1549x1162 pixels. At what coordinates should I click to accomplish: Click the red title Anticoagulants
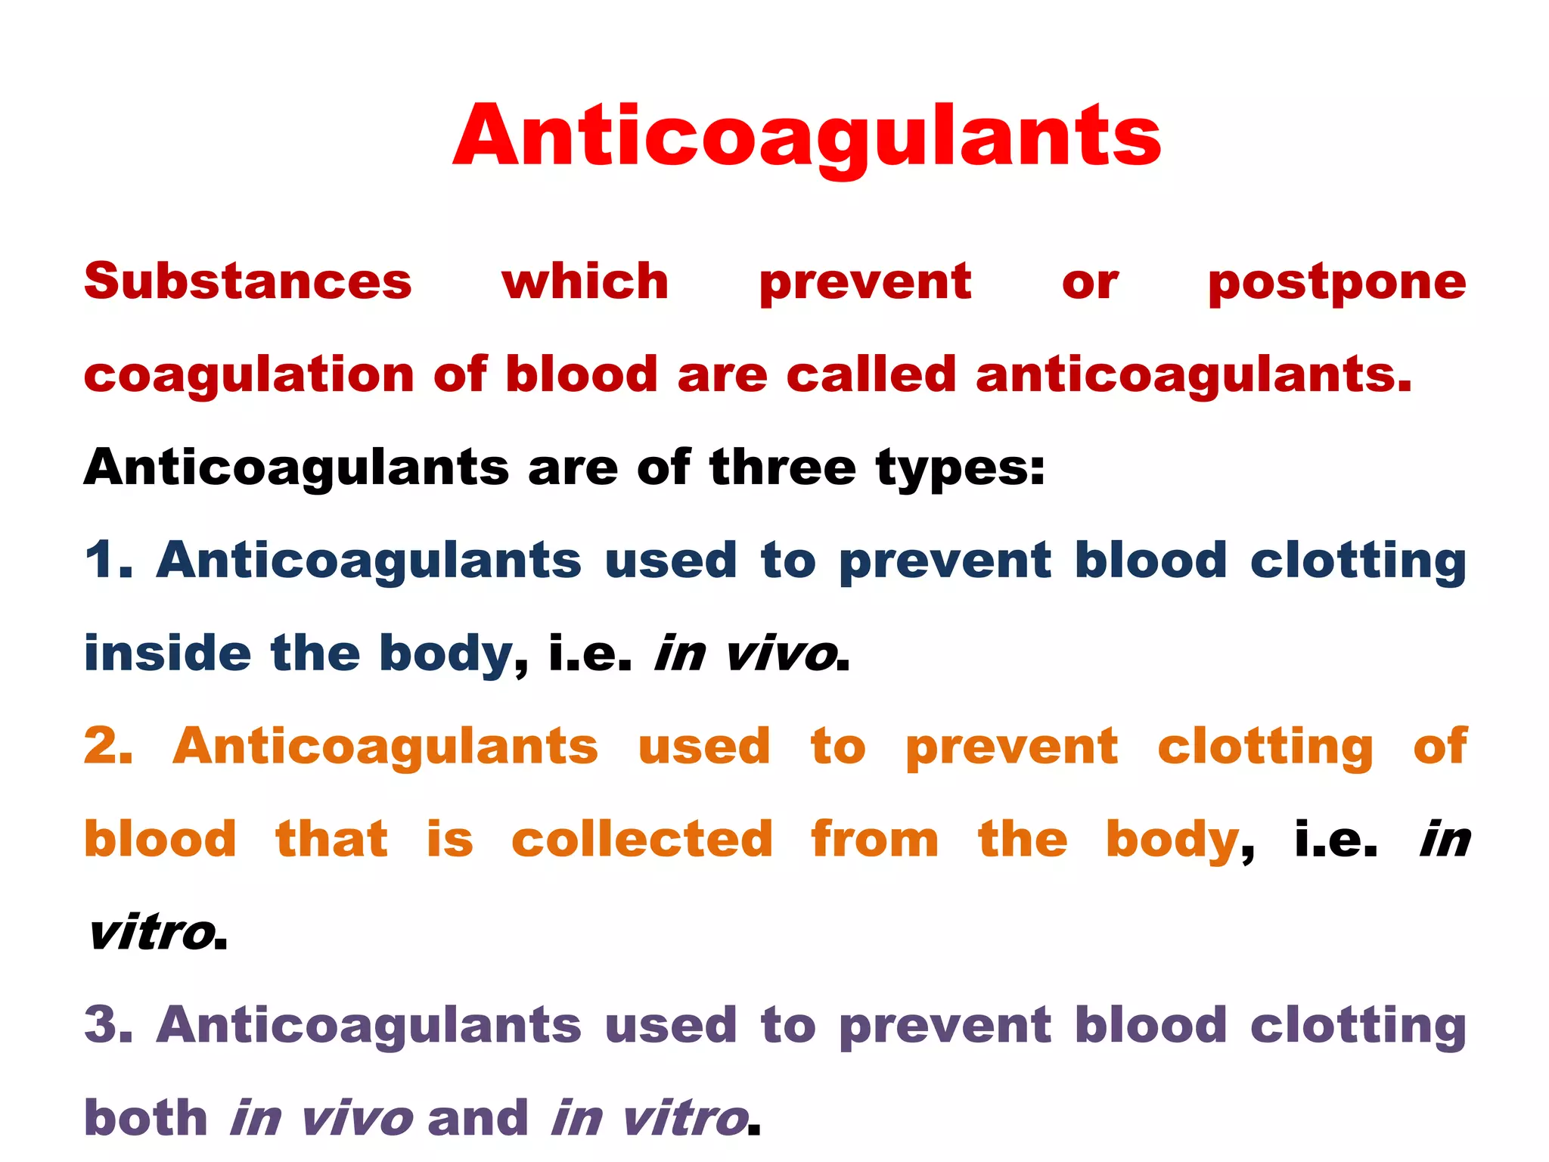pos(806,136)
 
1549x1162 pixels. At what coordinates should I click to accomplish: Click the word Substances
pos(247,281)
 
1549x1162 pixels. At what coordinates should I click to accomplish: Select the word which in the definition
pos(585,281)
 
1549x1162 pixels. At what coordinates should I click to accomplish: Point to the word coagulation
pos(249,375)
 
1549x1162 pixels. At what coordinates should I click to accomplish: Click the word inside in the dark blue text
pos(167,653)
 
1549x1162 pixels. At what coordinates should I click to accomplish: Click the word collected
pos(642,840)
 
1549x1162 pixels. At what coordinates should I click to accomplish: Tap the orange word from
pos(874,840)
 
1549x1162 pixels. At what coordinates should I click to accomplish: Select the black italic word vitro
pos(152,933)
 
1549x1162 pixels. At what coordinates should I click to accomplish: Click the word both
pos(146,1118)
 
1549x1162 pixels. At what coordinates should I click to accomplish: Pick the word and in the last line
pos(477,1118)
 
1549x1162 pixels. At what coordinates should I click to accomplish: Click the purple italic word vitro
pos(684,1118)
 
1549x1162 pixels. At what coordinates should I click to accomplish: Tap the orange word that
pos(331,840)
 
